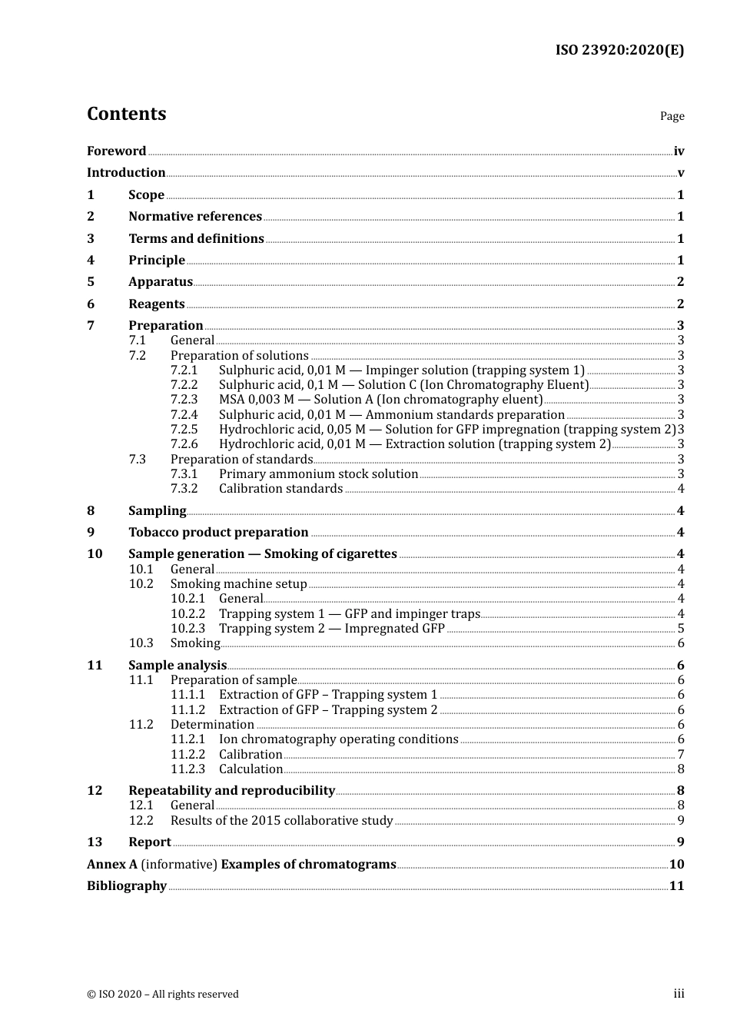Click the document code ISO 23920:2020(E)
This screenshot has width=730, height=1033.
619,50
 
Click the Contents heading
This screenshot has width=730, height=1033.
126,114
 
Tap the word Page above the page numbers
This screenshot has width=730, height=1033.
672,116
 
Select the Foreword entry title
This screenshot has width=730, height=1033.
116,151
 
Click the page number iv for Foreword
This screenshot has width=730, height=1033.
679,151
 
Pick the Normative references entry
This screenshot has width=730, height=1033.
195,217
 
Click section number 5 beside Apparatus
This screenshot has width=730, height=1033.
91,282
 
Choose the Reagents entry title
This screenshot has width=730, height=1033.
157,304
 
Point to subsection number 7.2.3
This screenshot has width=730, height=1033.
184,400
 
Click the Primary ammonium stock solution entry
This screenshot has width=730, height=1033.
318,474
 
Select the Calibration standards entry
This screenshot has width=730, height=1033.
280,489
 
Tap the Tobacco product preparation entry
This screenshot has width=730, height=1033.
218,533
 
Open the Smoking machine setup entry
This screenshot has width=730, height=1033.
238,584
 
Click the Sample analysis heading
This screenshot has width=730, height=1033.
178,666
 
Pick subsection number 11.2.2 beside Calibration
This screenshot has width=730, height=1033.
188,755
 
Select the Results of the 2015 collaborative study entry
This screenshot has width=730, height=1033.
281,821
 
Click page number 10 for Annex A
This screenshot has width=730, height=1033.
676,865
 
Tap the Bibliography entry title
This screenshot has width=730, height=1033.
127,886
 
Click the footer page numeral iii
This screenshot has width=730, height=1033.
679,994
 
